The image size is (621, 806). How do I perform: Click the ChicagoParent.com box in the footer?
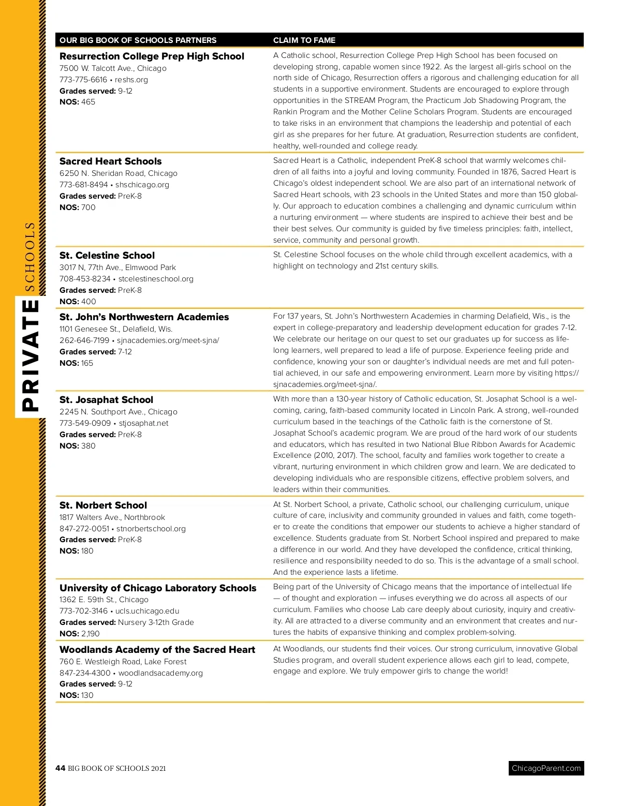click(x=546, y=768)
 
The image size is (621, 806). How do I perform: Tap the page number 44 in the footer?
click(x=60, y=768)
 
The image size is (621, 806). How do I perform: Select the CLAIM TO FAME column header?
click(x=304, y=40)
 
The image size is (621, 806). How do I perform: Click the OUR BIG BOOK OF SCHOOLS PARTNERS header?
click(x=138, y=40)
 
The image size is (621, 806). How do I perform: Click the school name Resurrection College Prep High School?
click(x=152, y=56)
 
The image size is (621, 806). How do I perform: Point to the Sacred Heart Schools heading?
click(x=110, y=161)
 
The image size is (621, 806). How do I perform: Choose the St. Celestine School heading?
click(x=107, y=256)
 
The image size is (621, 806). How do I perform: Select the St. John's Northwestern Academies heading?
click(x=144, y=317)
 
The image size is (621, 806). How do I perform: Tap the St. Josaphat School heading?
click(x=106, y=400)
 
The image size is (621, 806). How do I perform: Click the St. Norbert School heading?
click(x=103, y=505)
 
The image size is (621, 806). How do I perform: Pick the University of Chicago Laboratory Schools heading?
click(x=158, y=588)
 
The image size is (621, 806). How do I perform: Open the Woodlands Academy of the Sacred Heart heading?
click(x=157, y=650)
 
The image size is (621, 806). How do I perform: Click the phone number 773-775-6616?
click(x=83, y=80)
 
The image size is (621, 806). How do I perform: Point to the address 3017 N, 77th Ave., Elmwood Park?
click(x=117, y=267)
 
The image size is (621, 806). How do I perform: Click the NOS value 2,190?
click(x=91, y=634)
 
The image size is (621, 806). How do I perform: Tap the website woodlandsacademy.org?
click(x=160, y=673)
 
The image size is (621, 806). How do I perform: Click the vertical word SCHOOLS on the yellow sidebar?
click(x=31, y=257)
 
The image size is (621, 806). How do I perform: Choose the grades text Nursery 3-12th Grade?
click(x=156, y=622)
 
